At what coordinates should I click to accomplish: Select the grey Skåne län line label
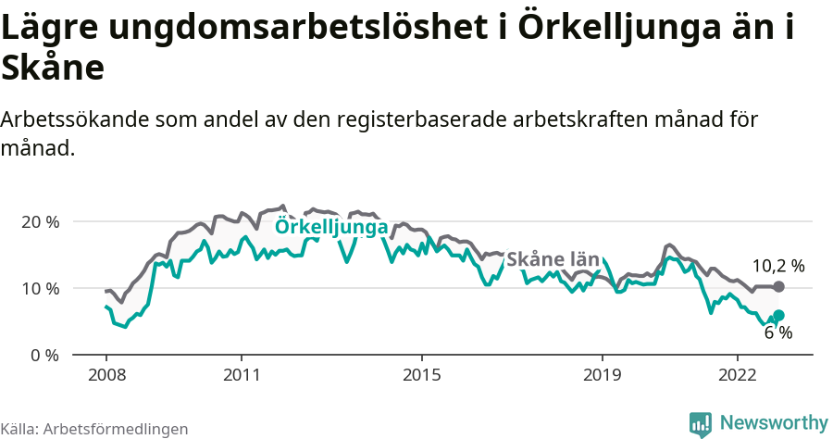point(553,259)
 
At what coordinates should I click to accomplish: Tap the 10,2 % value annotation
point(777,266)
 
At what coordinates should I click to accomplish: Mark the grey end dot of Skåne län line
point(778,287)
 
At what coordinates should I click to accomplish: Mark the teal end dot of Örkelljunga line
point(778,315)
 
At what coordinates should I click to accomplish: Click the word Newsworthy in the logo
point(773,423)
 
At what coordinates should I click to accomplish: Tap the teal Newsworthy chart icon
point(701,424)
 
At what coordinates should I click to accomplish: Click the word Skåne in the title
point(53,69)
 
